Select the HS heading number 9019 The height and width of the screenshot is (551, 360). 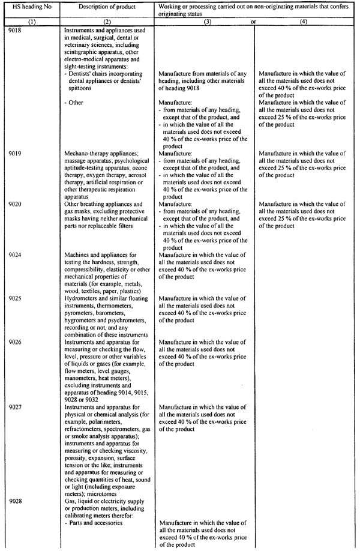click(16, 153)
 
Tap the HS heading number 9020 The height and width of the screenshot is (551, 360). click(16, 203)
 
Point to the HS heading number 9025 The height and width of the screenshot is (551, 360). click(16, 298)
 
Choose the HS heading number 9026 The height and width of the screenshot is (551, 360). click(16, 341)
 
